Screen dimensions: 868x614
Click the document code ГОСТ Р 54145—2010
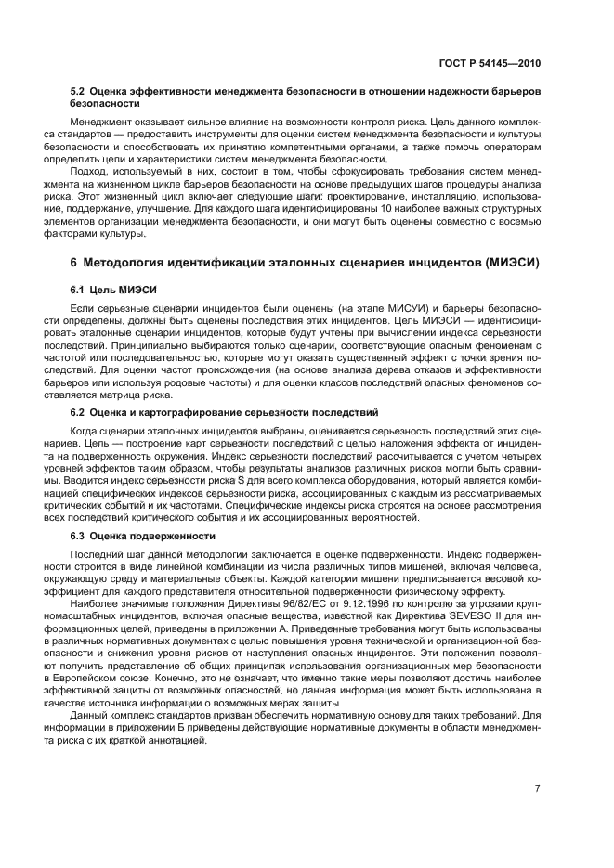491,64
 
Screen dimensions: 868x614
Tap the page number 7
537,789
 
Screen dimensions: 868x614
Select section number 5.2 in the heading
80,94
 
